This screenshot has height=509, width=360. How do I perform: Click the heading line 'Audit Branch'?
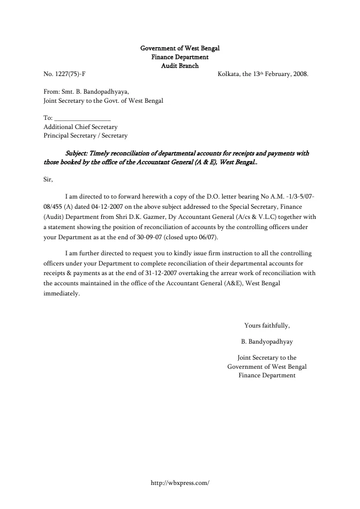point(180,66)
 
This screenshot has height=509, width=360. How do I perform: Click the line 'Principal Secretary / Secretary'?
point(85,135)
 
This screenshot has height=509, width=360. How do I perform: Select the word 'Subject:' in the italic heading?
point(78,153)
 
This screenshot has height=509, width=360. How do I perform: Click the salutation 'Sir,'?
point(48,179)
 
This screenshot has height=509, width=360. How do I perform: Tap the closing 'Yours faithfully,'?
point(267,325)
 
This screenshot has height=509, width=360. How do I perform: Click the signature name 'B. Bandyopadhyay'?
point(267,341)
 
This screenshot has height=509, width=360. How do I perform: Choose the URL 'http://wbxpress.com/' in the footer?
point(180,482)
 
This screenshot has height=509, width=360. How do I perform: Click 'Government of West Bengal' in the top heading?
point(180,48)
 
